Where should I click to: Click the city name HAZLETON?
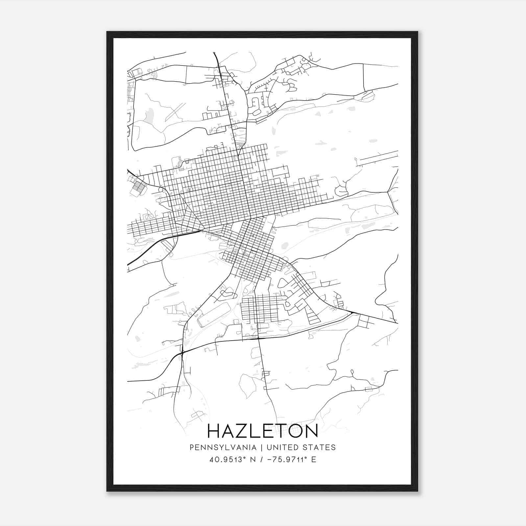263,431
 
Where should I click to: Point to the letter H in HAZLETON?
215,431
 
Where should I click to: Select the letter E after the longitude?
314,460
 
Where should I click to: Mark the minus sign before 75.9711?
270,460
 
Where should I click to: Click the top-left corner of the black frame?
107,32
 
